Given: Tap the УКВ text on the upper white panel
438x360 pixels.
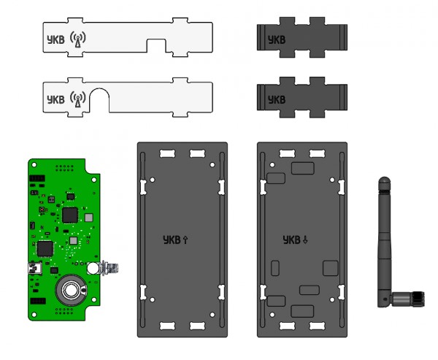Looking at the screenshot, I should (54, 39).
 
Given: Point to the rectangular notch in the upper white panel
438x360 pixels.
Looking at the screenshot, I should (158, 45).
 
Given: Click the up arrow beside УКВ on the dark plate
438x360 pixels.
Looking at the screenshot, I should (185, 240).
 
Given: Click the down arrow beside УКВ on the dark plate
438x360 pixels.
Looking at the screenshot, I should (306, 240).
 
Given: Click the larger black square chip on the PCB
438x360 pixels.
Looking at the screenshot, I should (71, 214).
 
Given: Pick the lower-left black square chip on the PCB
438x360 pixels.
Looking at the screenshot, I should (45, 248).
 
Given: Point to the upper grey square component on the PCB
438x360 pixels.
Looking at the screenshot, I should (89, 218).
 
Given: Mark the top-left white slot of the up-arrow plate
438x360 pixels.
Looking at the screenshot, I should (165, 153).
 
